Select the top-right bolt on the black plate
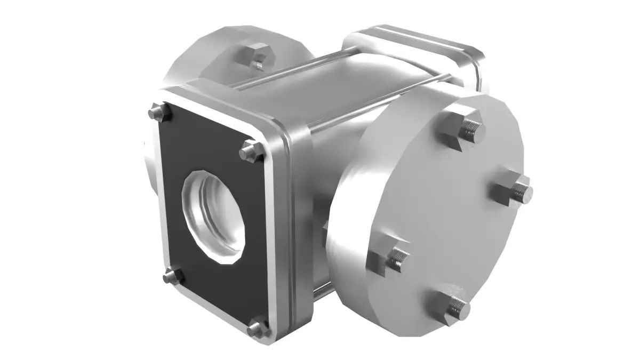click(250, 151)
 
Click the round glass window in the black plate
click(213, 216)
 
